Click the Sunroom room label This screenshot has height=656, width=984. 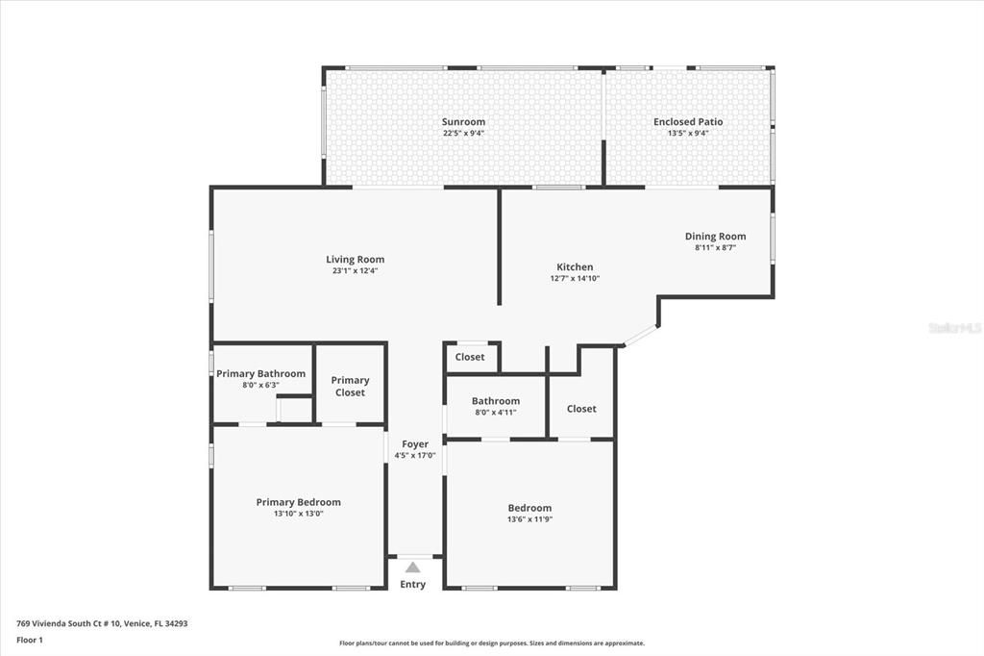463,122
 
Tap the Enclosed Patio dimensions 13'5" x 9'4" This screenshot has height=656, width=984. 688,133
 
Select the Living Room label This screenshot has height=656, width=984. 356,260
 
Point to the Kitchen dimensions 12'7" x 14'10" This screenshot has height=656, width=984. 575,278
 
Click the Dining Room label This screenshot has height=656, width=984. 715,237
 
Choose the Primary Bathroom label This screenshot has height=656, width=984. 261,374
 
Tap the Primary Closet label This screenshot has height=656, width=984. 350,387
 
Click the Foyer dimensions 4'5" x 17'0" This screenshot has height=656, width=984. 415,456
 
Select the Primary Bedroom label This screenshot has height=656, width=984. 299,503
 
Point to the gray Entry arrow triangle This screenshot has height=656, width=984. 412,568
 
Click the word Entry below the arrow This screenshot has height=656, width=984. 413,585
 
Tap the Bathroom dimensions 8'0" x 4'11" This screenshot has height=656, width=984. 496,413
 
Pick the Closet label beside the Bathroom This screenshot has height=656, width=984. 581,409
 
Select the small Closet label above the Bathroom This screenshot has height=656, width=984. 470,358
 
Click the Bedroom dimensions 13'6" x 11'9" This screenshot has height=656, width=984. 530,519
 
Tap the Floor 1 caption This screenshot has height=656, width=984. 30,641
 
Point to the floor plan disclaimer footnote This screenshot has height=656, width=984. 492,643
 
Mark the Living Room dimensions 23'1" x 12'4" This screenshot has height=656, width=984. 356,271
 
